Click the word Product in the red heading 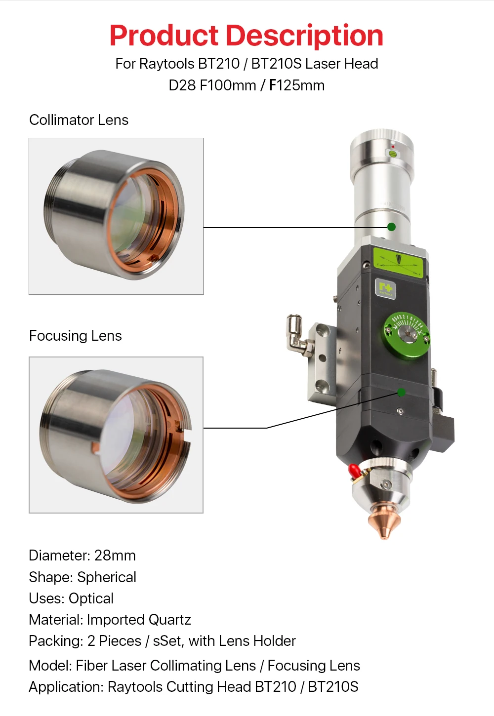coord(164,36)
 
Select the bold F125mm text coord(297,85)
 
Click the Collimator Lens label coord(79,120)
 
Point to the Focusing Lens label coord(76,336)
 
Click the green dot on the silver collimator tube coord(391,227)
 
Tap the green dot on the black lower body coord(401,392)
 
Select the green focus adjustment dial coord(407,335)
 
